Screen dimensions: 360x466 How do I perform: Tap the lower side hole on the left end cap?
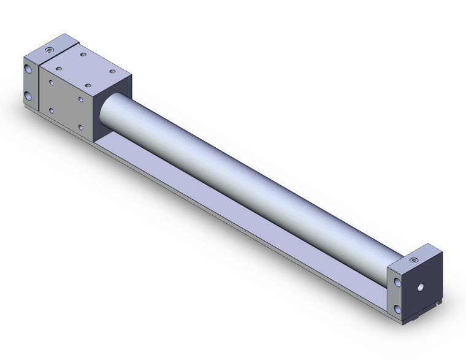click(x=29, y=96)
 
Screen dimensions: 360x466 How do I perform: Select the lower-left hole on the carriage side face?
click(x=51, y=110)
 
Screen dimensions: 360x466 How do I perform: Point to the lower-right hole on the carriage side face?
click(x=81, y=127)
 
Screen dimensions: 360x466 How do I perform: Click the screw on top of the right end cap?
click(x=414, y=260)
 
